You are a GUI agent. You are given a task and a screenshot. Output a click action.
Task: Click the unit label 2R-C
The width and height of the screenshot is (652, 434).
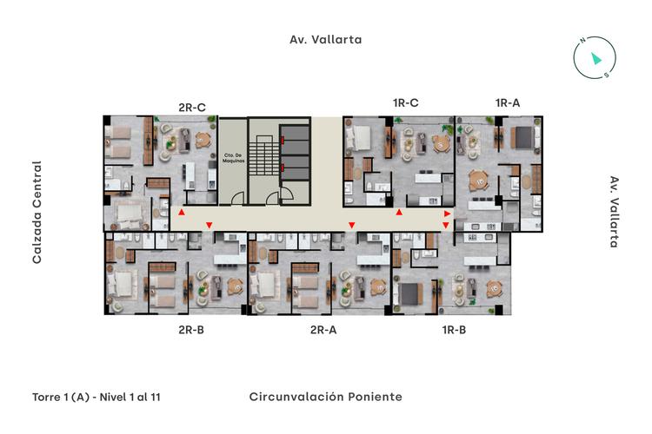[x=192, y=108]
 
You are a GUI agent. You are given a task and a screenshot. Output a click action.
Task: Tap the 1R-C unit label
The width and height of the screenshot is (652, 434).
[x=406, y=103]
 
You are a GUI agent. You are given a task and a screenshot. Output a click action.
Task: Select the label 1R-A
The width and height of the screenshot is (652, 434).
[x=508, y=103]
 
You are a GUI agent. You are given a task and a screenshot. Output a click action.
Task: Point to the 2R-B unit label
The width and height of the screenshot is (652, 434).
[x=191, y=330]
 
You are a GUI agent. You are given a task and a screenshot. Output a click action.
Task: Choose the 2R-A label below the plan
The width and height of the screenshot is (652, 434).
[x=323, y=330]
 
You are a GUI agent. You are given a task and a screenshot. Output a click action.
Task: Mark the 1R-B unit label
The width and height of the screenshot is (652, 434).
[x=455, y=330]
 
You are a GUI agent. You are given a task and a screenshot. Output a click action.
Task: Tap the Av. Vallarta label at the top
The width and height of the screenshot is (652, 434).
[x=325, y=40]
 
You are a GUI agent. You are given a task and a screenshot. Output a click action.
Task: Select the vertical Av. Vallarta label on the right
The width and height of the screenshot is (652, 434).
[x=614, y=212]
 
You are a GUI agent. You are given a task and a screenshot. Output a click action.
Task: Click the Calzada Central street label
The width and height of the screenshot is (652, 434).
[x=37, y=212]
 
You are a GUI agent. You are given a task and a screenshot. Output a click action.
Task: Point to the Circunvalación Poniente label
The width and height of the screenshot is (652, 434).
[x=325, y=397]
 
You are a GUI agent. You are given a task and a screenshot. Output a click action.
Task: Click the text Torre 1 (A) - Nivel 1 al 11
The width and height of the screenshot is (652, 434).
[x=96, y=397]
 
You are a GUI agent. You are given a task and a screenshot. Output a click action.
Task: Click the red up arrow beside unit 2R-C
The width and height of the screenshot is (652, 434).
[x=181, y=213]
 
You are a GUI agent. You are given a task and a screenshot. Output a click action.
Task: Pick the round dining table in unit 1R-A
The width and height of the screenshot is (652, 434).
[x=477, y=181]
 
